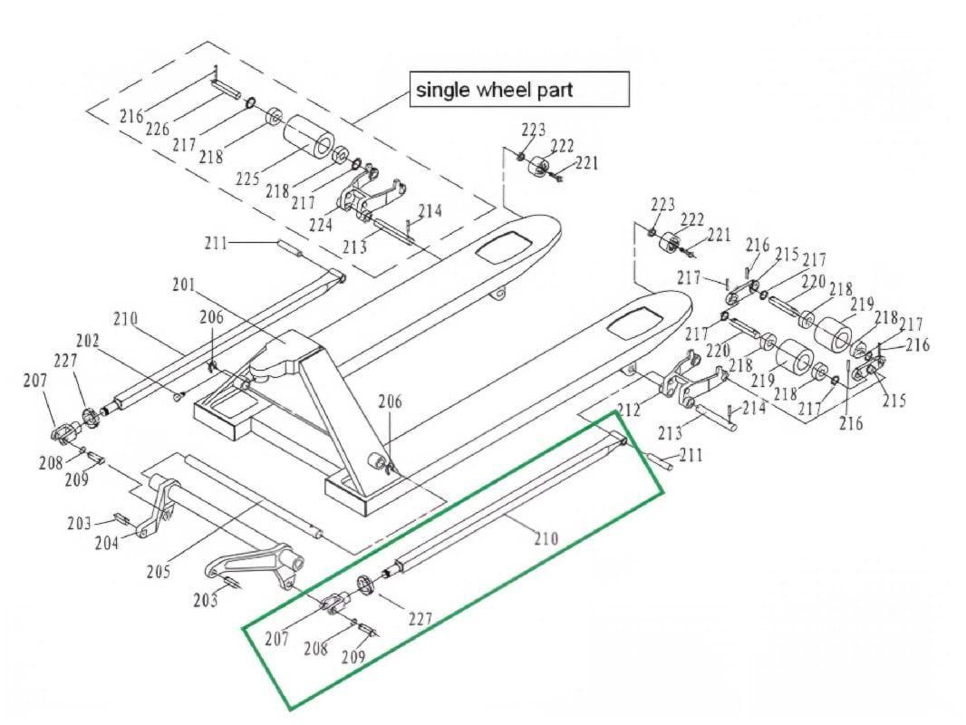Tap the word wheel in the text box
[503, 90]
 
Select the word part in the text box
[553, 91]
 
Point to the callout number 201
[183, 285]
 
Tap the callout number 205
[159, 572]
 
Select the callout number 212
[628, 411]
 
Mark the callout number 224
[321, 224]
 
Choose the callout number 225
[247, 179]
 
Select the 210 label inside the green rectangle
[546, 538]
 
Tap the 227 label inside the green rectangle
[419, 620]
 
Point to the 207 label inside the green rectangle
[277, 639]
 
